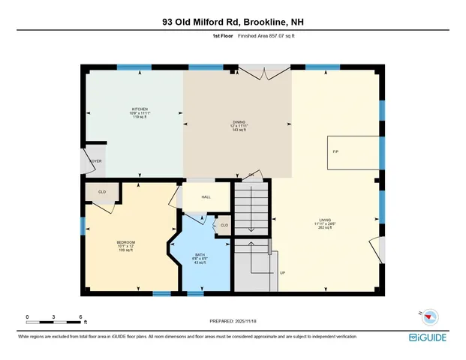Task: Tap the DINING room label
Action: tap(239, 122)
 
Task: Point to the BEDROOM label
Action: tap(125, 241)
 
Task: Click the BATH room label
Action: tap(200, 256)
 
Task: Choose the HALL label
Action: tap(206, 196)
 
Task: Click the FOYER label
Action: tap(95, 160)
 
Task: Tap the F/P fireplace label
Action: tap(335, 152)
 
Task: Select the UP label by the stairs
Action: tap(282, 272)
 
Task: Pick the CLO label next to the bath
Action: tap(224, 225)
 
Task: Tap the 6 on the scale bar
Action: tap(80, 317)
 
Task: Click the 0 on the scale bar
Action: tap(27, 317)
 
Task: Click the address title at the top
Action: tap(233, 22)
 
